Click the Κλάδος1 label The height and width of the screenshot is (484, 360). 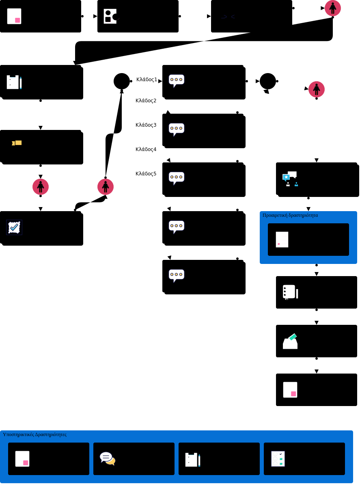tap(147, 80)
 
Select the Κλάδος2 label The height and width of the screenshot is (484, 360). tap(146, 101)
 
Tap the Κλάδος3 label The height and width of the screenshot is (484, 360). tap(146, 125)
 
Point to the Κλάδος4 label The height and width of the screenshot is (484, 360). tap(146, 149)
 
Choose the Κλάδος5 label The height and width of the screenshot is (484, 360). tap(146, 174)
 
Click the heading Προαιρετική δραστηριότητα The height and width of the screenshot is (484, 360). tap(290, 215)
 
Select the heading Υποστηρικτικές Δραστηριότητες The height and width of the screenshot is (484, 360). tap(35, 434)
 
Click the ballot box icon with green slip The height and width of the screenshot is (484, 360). tap(290, 341)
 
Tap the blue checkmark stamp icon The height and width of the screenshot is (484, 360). tap(14, 227)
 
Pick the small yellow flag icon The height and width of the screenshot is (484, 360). tap(17, 143)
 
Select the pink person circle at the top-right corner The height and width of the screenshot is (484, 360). tap(333, 8)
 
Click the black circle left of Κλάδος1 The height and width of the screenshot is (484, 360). tap(122, 81)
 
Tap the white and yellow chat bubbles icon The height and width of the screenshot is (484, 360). tap(108, 458)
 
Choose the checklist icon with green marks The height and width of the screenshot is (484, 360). tap(278, 459)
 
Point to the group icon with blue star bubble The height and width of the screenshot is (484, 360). tap(290, 179)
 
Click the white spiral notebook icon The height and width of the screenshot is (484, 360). tap(290, 292)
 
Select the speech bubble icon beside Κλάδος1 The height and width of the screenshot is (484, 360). tap(177, 80)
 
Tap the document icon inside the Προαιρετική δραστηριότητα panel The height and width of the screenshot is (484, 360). tap(282, 240)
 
